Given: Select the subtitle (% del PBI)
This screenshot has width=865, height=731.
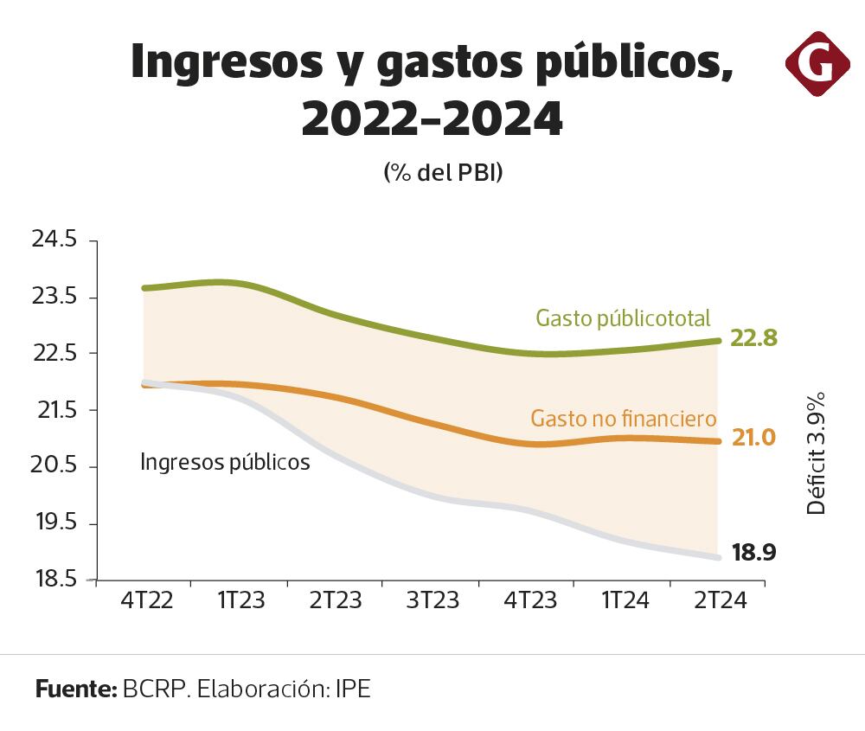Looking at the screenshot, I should click(x=443, y=172).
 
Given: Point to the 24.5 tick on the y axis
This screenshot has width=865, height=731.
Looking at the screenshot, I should click(x=54, y=240).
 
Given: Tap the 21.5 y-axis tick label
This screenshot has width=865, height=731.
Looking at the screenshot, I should click(x=54, y=410).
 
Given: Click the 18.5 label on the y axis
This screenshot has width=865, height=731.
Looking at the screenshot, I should click(x=54, y=580).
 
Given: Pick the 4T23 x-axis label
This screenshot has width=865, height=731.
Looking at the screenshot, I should click(x=526, y=600).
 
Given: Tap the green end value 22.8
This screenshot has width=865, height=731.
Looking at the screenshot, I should click(x=754, y=338).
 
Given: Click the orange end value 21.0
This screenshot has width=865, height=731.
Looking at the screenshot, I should click(x=753, y=439).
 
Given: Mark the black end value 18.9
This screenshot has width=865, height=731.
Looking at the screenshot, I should click(x=754, y=552).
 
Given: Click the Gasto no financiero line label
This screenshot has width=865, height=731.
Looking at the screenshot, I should click(x=623, y=420).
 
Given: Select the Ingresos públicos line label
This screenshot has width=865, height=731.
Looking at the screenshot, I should click(x=225, y=463).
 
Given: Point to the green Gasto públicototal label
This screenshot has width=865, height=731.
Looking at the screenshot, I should click(x=623, y=318).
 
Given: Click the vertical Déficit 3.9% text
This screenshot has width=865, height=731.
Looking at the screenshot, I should click(x=817, y=453).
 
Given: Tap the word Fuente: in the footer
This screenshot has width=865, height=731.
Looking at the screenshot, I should click(x=76, y=689).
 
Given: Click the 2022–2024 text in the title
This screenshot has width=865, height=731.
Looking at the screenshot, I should click(x=432, y=119).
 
